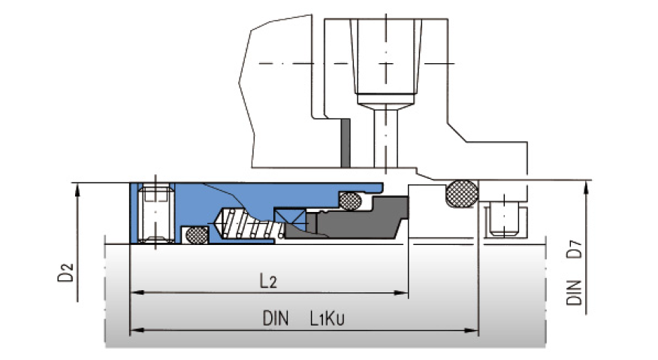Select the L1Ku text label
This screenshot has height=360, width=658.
[328, 318]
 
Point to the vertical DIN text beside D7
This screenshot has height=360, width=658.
[575, 292]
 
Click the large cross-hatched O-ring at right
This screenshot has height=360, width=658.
[462, 194]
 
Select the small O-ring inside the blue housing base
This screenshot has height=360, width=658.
[197, 235]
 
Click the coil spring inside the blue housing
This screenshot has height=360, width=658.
[248, 223]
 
